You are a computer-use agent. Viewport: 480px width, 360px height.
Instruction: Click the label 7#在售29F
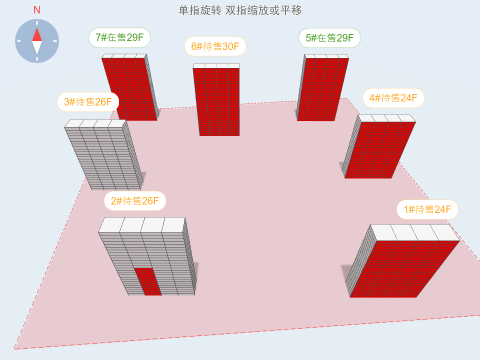(119, 37)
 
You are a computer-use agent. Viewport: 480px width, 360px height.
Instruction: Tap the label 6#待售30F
(215, 46)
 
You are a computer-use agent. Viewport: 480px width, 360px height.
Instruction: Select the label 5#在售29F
(329, 38)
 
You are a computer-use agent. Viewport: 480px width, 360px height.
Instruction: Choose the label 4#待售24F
(393, 98)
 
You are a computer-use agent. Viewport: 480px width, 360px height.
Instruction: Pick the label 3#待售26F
(88, 102)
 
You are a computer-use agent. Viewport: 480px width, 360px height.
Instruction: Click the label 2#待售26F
(135, 201)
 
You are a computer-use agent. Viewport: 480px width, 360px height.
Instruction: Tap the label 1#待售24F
(427, 209)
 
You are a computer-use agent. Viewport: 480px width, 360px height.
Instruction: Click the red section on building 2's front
(148, 281)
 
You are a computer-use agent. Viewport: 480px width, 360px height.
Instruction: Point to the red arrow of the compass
(37, 35)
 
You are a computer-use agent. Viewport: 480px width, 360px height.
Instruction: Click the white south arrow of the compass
(37, 47)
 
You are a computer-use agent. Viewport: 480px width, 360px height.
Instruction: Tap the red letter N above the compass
(36, 10)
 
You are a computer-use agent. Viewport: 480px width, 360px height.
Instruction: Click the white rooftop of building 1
(415, 232)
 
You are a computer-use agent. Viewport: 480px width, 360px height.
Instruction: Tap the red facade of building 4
(379, 150)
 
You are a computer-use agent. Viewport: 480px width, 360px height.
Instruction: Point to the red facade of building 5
(322, 89)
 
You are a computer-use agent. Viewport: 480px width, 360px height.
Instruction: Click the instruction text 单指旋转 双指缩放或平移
(240, 10)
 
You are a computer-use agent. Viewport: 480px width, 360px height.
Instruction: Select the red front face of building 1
(404, 269)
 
